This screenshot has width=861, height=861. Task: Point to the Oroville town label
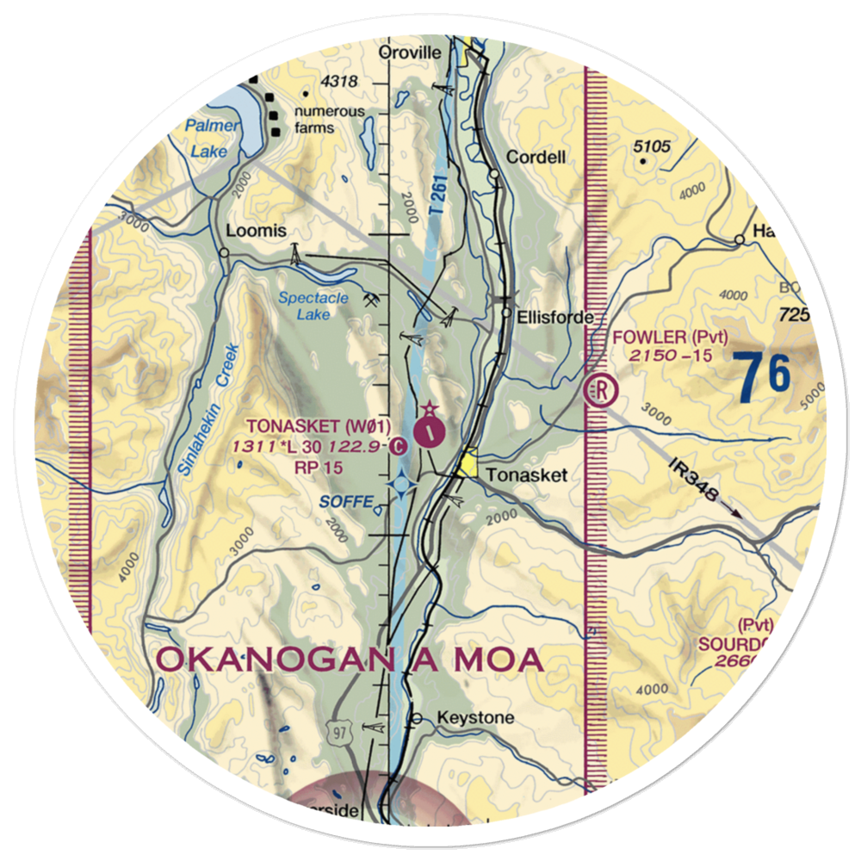tap(411, 53)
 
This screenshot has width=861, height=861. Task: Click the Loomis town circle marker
tap(224, 252)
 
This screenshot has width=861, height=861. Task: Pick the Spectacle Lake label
tap(313, 306)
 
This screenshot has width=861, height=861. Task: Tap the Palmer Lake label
tap(208, 139)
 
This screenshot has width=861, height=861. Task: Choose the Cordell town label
tap(536, 158)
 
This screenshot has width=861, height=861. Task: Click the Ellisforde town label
tap(555, 318)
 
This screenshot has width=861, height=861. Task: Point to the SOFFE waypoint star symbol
tap(402, 487)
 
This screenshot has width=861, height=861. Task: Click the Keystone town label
tap(475, 717)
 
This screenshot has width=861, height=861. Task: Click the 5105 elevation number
tap(651, 146)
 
